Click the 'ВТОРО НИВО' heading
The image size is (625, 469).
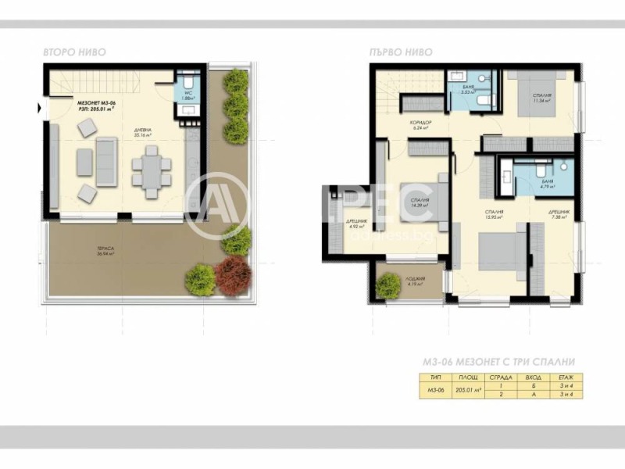point(75,52)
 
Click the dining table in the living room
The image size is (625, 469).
point(151,170)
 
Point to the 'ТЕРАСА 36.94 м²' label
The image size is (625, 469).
point(105,252)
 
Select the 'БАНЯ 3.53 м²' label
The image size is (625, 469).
point(468,90)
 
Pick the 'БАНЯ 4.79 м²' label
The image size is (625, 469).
point(546,184)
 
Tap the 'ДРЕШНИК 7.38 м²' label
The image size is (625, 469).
point(559,214)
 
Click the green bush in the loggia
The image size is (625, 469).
point(387,286)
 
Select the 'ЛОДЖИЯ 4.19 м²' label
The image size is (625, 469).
point(415,281)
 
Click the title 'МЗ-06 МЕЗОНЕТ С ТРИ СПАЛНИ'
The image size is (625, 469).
point(499,362)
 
